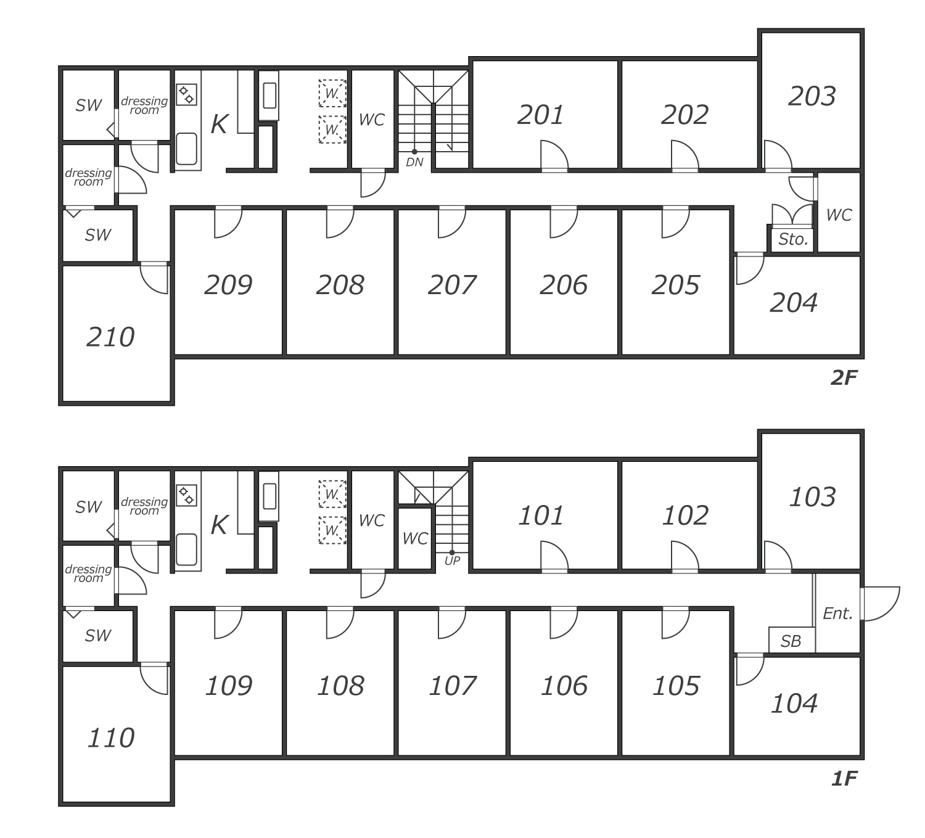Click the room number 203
[x=812, y=97]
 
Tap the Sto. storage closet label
[x=792, y=239]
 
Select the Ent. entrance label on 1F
[x=837, y=614]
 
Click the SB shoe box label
[x=791, y=641]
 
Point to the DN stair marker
[x=414, y=162]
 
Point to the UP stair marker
[x=452, y=561]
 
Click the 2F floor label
[x=844, y=378]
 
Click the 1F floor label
[x=844, y=779]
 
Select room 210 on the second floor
[x=110, y=337]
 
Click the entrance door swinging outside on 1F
[x=881, y=603]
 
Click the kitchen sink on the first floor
[x=186, y=549]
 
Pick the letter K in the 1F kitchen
[x=219, y=525]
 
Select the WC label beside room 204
[x=838, y=215]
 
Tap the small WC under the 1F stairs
[x=414, y=538]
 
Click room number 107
[x=452, y=686]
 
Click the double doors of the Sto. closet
[x=792, y=214]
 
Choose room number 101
[x=541, y=516]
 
